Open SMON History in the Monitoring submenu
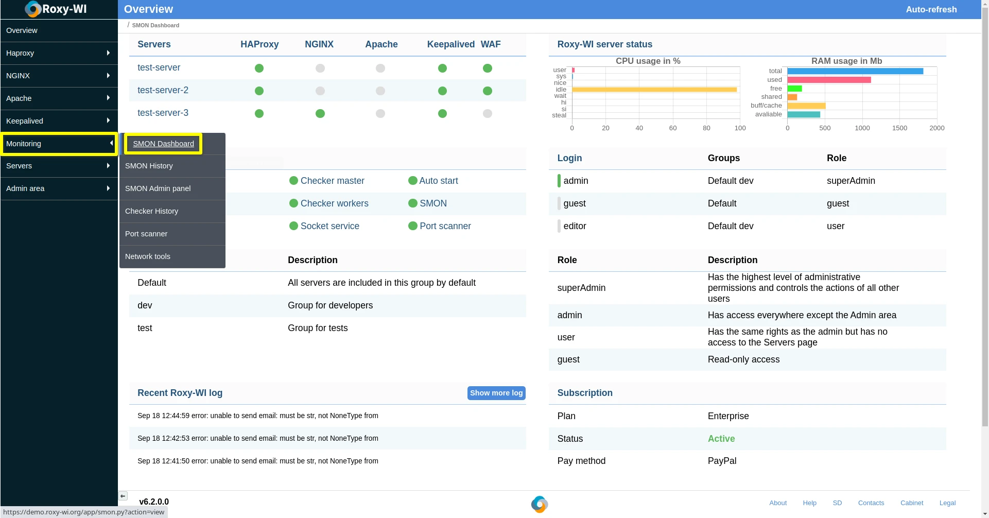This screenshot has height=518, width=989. coord(149,166)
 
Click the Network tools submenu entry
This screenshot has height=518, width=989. coord(148,256)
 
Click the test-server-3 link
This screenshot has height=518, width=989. coord(163,113)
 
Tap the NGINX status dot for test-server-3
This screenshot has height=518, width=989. coord(320,113)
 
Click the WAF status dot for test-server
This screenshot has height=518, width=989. coord(488,68)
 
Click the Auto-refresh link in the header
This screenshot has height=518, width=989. coord(931,9)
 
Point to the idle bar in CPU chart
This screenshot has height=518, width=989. coord(654,90)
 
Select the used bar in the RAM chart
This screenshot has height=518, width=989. coord(829,80)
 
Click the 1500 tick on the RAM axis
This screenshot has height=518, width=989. coord(899,128)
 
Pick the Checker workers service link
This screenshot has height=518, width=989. coord(334,203)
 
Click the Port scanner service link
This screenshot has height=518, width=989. coord(445,226)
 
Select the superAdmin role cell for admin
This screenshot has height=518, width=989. coord(851,181)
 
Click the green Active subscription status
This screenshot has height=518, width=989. coord(721,439)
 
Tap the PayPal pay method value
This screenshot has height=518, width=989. coord(722,461)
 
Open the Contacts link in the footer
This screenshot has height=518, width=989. coord(871,503)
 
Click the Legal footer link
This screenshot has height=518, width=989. coord(947,503)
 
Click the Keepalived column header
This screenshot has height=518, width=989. coord(450,44)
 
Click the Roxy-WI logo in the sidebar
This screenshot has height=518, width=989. coord(56,9)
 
